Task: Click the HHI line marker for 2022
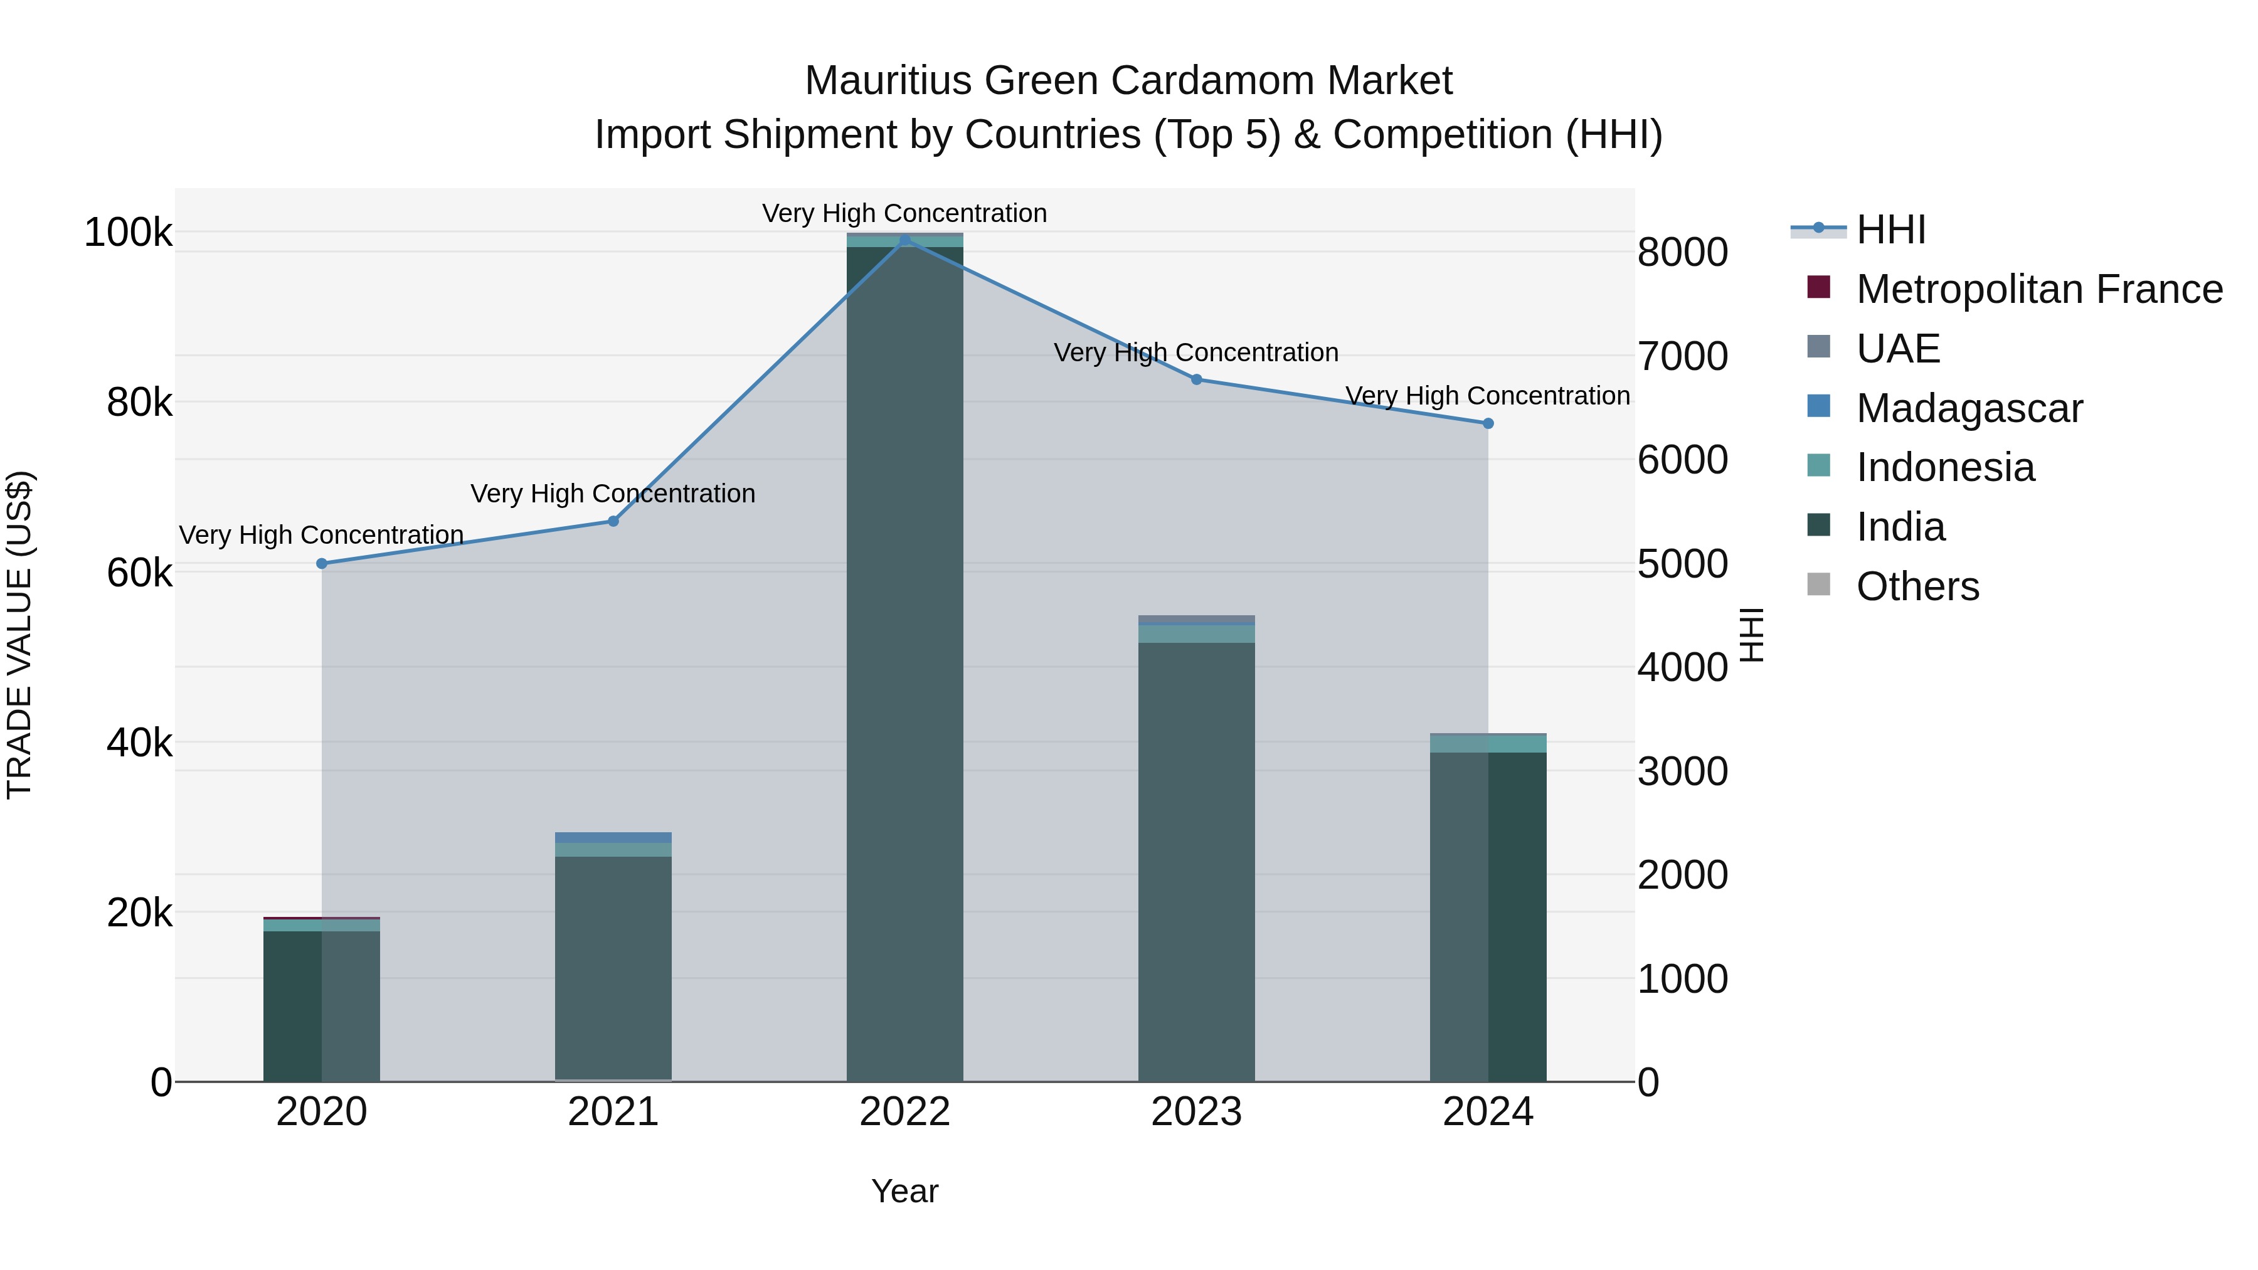click(904, 240)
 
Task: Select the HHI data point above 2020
click(322, 564)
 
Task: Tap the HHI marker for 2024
click(1488, 423)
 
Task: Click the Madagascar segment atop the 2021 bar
click(613, 837)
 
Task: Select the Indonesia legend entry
click(1944, 467)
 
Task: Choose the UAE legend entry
click(1898, 348)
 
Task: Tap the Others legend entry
click(1917, 586)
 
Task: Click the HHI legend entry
click(1890, 230)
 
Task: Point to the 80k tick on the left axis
click(139, 403)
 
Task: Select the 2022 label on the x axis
click(904, 1111)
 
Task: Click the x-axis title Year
click(904, 1191)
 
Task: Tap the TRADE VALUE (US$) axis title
click(19, 635)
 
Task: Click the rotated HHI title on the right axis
click(1751, 635)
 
